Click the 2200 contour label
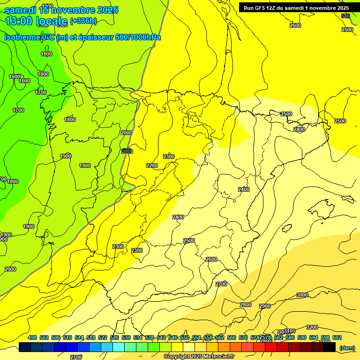[x=152, y=165]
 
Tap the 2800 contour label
[x=246, y=305]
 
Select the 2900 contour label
[x=265, y=306]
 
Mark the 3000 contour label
[x=302, y=295]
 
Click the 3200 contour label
[x=312, y=327]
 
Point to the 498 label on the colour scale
[x=32, y=337]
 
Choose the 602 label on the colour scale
[x=337, y=337]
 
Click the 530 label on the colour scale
[x=126, y=337]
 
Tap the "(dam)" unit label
[x=347, y=347]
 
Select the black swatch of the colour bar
[x=330, y=347]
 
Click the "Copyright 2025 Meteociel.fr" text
[x=199, y=356]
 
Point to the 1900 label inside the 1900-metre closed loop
[x=85, y=165]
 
